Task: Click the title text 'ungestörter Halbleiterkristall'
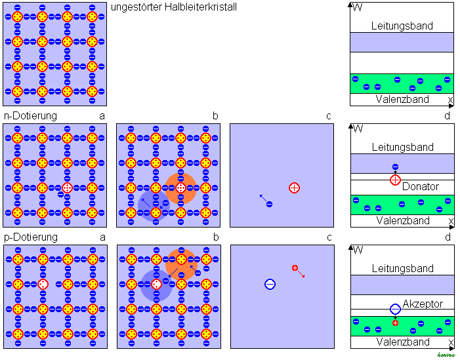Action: (x=174, y=7)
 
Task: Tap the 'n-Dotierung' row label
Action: (x=30, y=116)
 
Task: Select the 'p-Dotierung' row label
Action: (x=30, y=237)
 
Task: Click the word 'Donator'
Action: (x=420, y=187)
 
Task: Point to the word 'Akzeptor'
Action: (x=423, y=304)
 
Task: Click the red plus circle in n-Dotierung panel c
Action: (x=294, y=188)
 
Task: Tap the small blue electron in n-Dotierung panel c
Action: (x=269, y=204)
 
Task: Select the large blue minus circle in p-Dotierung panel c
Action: (x=270, y=284)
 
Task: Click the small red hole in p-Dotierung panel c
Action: (x=295, y=268)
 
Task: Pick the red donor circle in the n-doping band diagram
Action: (x=395, y=180)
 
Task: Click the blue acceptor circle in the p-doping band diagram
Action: (x=395, y=309)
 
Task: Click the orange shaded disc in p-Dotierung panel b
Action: (x=180, y=263)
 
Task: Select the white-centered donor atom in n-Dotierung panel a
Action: (x=67, y=188)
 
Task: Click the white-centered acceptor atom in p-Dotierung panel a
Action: (x=43, y=284)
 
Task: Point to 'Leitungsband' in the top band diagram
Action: (x=402, y=26)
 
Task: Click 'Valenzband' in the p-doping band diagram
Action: (x=402, y=342)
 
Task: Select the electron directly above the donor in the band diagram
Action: (x=395, y=167)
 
